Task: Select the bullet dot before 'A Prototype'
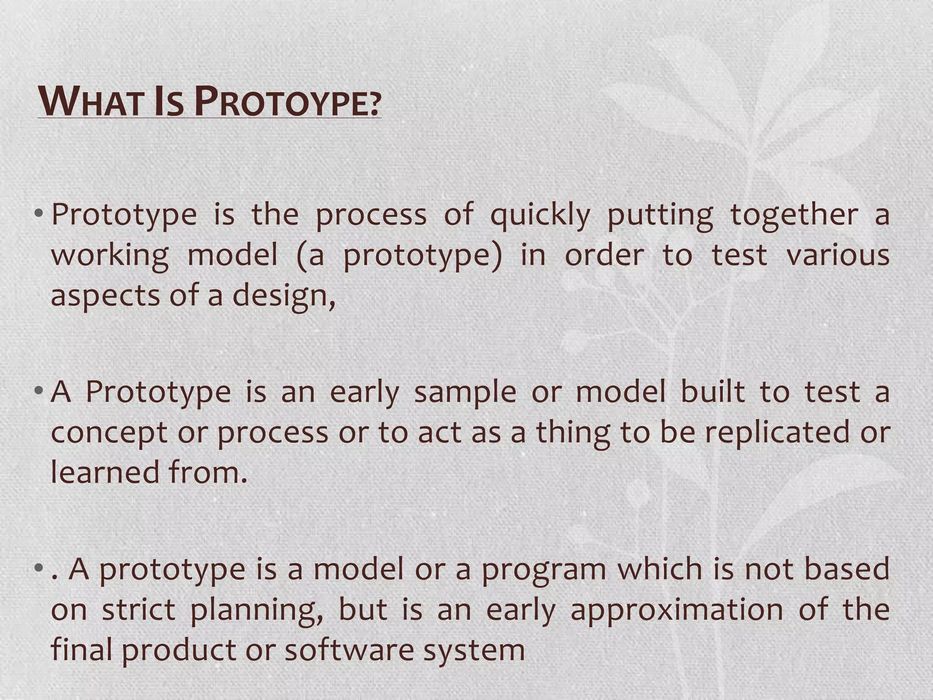pos(40,391)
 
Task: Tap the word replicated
pos(777,432)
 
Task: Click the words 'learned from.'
pos(149,472)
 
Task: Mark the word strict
pos(138,609)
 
